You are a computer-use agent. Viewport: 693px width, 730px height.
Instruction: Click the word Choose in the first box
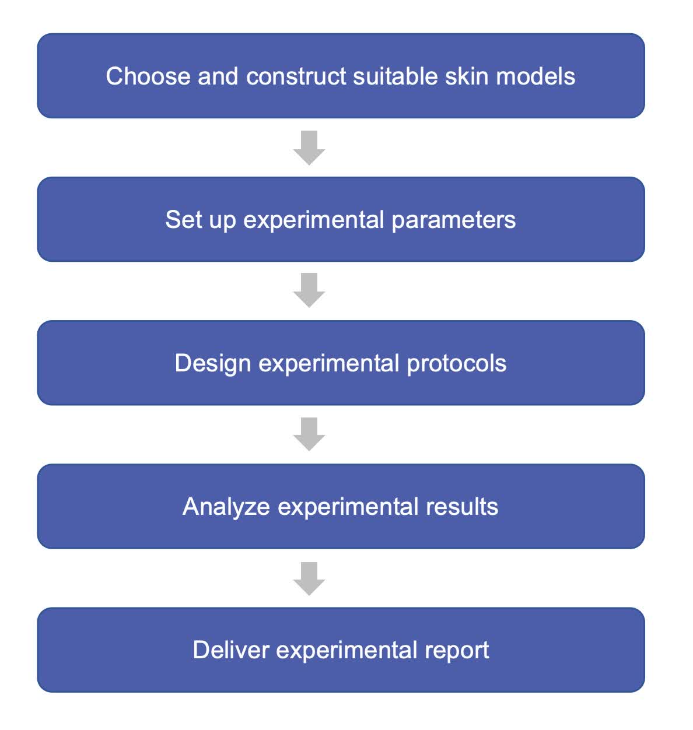(148, 76)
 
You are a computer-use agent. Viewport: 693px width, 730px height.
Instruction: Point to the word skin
(466, 76)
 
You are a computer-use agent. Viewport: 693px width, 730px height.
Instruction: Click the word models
(535, 76)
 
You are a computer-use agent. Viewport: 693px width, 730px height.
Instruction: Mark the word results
(461, 507)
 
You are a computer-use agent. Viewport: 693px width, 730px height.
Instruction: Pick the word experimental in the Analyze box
(348, 508)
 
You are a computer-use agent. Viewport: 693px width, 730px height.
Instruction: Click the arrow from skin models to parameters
(309, 148)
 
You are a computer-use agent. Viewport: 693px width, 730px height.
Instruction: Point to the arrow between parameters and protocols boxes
(309, 290)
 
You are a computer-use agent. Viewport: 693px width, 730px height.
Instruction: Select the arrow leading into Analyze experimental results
(309, 434)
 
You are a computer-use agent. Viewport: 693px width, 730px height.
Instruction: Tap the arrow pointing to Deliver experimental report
(309, 579)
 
